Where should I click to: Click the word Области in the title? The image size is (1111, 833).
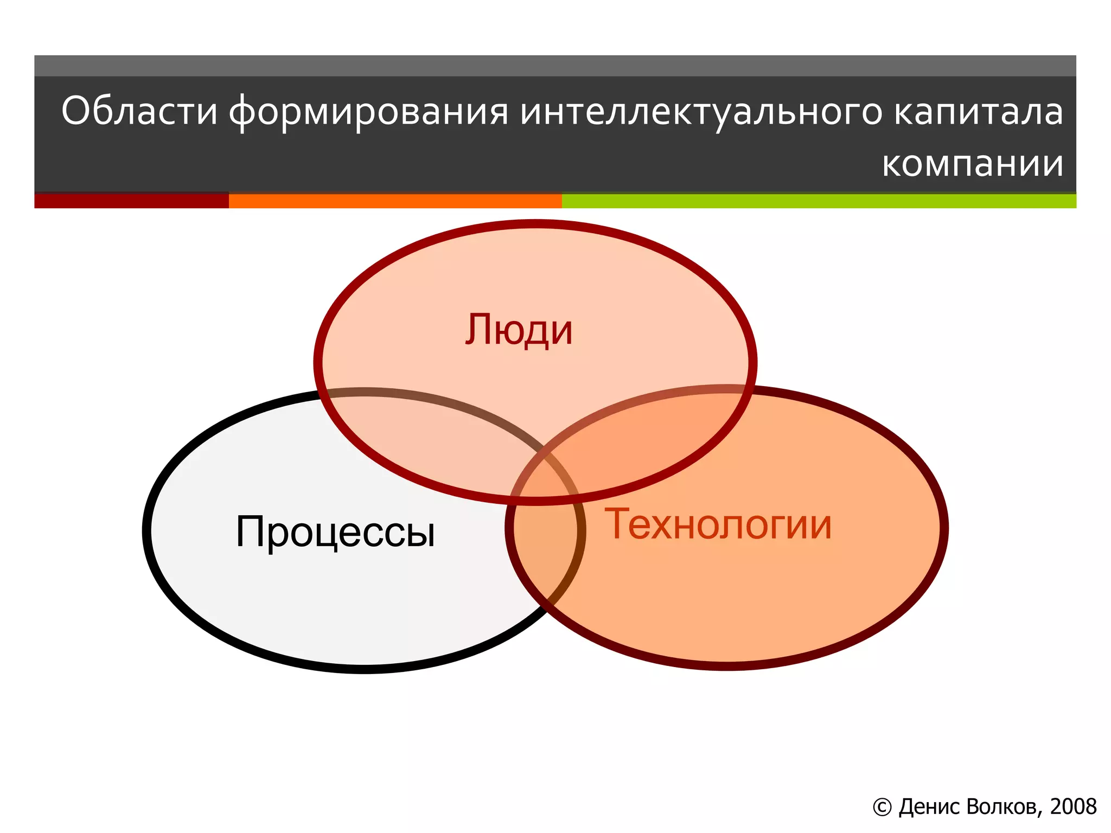coord(139,111)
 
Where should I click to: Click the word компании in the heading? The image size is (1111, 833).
coord(972,163)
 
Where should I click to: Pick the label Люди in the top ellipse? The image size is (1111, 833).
coord(519,330)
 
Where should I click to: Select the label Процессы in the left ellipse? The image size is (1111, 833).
coord(335,531)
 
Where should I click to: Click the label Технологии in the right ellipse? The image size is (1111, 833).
coord(718,524)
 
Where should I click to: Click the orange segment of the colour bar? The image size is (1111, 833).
coord(395,201)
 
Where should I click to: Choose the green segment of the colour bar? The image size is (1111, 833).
coord(819,201)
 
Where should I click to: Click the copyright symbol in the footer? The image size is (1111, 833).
coord(882,808)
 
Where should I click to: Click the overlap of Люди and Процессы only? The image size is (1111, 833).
coord(429,434)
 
